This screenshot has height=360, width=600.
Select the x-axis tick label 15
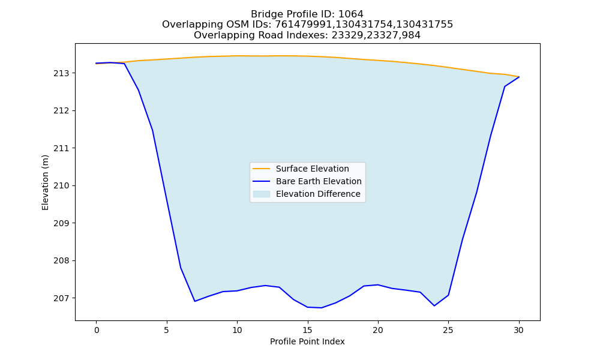click(308, 330)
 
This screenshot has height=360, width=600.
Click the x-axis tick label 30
click(519, 330)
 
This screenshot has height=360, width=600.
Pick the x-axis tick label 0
click(97, 330)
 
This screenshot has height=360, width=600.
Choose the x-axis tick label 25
click(448, 330)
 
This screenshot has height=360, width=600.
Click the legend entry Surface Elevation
click(312, 169)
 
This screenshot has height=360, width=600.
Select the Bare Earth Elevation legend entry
click(319, 181)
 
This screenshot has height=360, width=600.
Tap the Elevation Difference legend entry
click(318, 194)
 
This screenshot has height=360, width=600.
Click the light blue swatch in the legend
click(262, 194)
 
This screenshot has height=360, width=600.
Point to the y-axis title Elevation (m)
click(45, 182)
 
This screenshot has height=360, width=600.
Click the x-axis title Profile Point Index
click(307, 341)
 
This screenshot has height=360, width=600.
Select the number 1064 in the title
click(351, 14)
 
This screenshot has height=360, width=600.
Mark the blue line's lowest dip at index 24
click(434, 305)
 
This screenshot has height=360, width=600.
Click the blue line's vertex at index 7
click(195, 301)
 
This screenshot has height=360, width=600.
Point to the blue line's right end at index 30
click(519, 77)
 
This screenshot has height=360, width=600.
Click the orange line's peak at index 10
click(237, 56)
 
